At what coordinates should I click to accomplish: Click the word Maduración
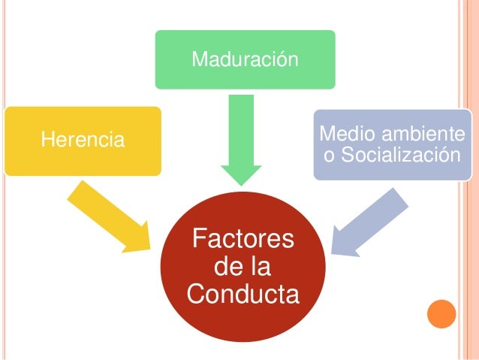point(245,59)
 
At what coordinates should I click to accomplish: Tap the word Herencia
point(84,139)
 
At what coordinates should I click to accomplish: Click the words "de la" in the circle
point(243,267)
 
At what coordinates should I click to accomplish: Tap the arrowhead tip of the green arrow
point(241,183)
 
